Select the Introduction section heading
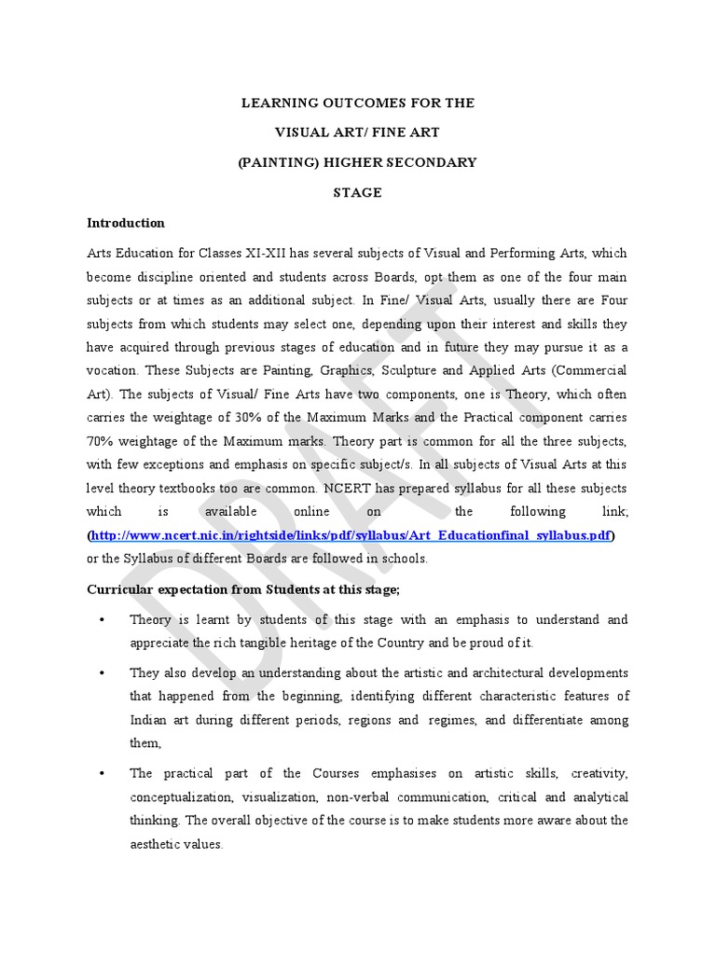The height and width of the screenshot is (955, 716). click(x=126, y=223)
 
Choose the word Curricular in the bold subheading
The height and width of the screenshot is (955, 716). click(x=120, y=589)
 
